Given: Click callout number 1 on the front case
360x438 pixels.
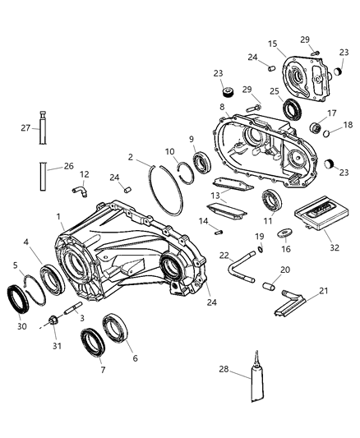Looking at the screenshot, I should point(58,216).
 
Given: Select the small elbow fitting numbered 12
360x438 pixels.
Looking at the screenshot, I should point(81,191).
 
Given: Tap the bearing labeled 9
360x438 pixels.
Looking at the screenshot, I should point(199,161).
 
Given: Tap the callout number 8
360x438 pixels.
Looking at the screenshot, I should point(221,107).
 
